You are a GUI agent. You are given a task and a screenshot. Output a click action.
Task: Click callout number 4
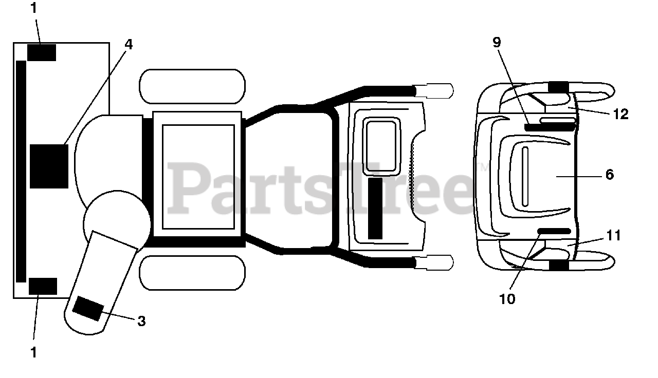[x=129, y=45]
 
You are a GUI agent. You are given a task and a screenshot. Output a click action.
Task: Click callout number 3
[x=141, y=321]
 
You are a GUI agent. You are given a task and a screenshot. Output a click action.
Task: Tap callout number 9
[x=497, y=43]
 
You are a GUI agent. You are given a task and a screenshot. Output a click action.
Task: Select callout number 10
[x=507, y=299]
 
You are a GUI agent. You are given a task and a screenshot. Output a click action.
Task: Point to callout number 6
[x=610, y=175]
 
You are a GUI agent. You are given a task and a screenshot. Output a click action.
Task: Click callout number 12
[x=621, y=114]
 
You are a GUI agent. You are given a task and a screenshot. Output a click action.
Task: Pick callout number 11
[x=614, y=235]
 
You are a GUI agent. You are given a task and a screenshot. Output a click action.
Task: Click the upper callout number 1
[x=34, y=8]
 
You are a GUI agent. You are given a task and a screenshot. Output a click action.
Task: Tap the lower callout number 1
[x=34, y=352]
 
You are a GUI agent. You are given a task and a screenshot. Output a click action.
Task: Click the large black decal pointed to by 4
[x=49, y=166]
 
